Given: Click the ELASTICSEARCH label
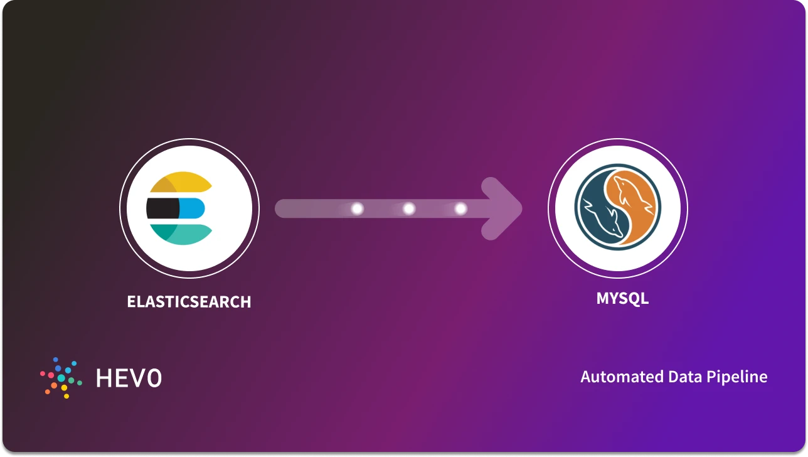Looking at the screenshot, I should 189,302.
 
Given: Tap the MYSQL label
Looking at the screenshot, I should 622,298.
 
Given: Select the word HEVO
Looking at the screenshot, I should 129,377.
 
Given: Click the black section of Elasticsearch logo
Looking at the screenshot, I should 162,208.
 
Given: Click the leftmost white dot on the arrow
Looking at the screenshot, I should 358,208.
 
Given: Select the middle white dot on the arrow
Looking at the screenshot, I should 409,208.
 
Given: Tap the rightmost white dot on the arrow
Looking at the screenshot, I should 460,208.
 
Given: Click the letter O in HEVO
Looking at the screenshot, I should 153,377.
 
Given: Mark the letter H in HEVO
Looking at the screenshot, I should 104,377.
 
